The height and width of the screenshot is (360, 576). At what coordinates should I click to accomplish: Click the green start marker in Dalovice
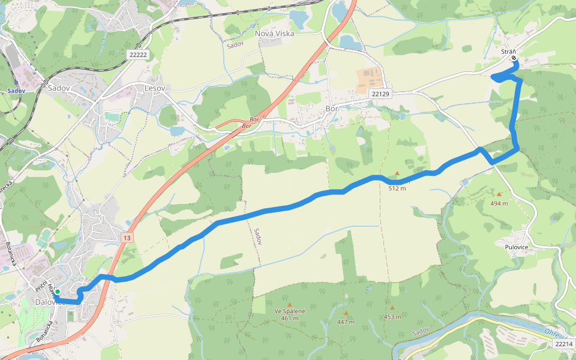58,292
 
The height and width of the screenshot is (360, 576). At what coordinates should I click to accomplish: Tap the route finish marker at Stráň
514,59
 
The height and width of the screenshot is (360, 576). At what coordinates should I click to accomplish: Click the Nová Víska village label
275,34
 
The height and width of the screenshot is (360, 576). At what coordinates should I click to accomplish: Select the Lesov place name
154,88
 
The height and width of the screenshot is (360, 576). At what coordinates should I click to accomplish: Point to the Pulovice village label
511,246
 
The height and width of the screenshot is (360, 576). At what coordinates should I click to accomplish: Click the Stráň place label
509,52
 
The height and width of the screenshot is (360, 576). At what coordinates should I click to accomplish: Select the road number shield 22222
137,54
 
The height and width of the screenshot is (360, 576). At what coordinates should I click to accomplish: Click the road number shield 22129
380,94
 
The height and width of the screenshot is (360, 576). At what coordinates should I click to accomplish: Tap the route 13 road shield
127,238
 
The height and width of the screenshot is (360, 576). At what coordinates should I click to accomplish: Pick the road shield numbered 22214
564,344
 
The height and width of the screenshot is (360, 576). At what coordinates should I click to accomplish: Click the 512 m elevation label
397,188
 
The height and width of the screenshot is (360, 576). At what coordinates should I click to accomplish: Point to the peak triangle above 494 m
499,194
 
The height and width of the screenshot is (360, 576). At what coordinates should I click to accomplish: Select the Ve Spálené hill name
290,311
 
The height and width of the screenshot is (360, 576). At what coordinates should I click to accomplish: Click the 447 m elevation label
346,322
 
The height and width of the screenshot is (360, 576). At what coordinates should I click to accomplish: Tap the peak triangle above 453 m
392,307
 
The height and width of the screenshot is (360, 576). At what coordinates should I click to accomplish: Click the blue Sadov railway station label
17,91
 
